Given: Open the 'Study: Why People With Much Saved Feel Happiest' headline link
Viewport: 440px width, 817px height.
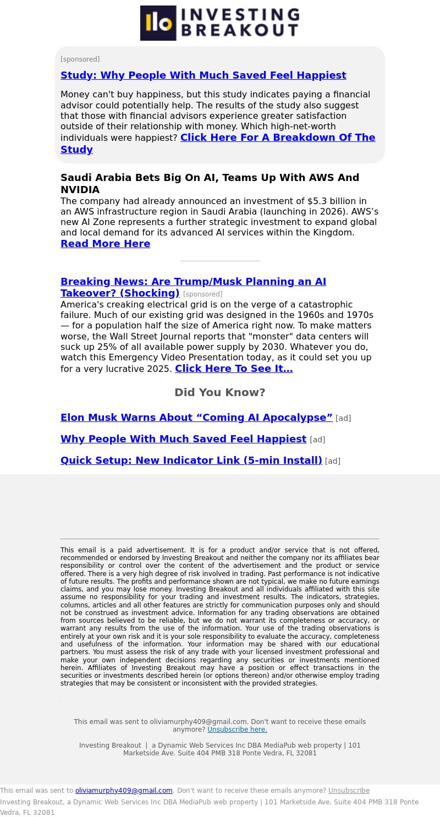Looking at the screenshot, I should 203,75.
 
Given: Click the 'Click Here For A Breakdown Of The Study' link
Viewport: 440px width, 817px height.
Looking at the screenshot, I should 278,138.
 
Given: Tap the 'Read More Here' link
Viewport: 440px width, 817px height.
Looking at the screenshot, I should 105,244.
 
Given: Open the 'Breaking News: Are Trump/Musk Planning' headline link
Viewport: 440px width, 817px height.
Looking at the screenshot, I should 193,282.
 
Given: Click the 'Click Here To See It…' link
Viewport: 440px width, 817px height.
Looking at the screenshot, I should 234,369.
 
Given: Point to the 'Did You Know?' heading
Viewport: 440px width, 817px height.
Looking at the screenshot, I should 220,392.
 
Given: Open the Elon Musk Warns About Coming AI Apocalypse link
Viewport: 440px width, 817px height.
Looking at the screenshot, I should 196,418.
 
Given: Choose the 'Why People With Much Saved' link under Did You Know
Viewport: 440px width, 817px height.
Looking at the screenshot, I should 183,439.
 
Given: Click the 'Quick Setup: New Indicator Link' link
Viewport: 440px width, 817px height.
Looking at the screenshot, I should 191,460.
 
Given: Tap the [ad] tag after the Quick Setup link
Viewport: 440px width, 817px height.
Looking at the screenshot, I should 333,461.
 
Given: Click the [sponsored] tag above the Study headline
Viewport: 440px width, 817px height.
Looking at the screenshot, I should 80,59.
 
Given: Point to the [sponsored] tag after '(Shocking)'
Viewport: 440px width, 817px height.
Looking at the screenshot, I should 202,294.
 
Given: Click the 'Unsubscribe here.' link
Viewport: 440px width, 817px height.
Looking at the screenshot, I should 237,730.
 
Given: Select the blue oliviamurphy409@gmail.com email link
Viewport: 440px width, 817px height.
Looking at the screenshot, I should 124,791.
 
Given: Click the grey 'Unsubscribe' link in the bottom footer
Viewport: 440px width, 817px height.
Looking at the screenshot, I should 349,791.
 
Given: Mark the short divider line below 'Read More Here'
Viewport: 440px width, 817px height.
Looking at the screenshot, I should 220,261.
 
